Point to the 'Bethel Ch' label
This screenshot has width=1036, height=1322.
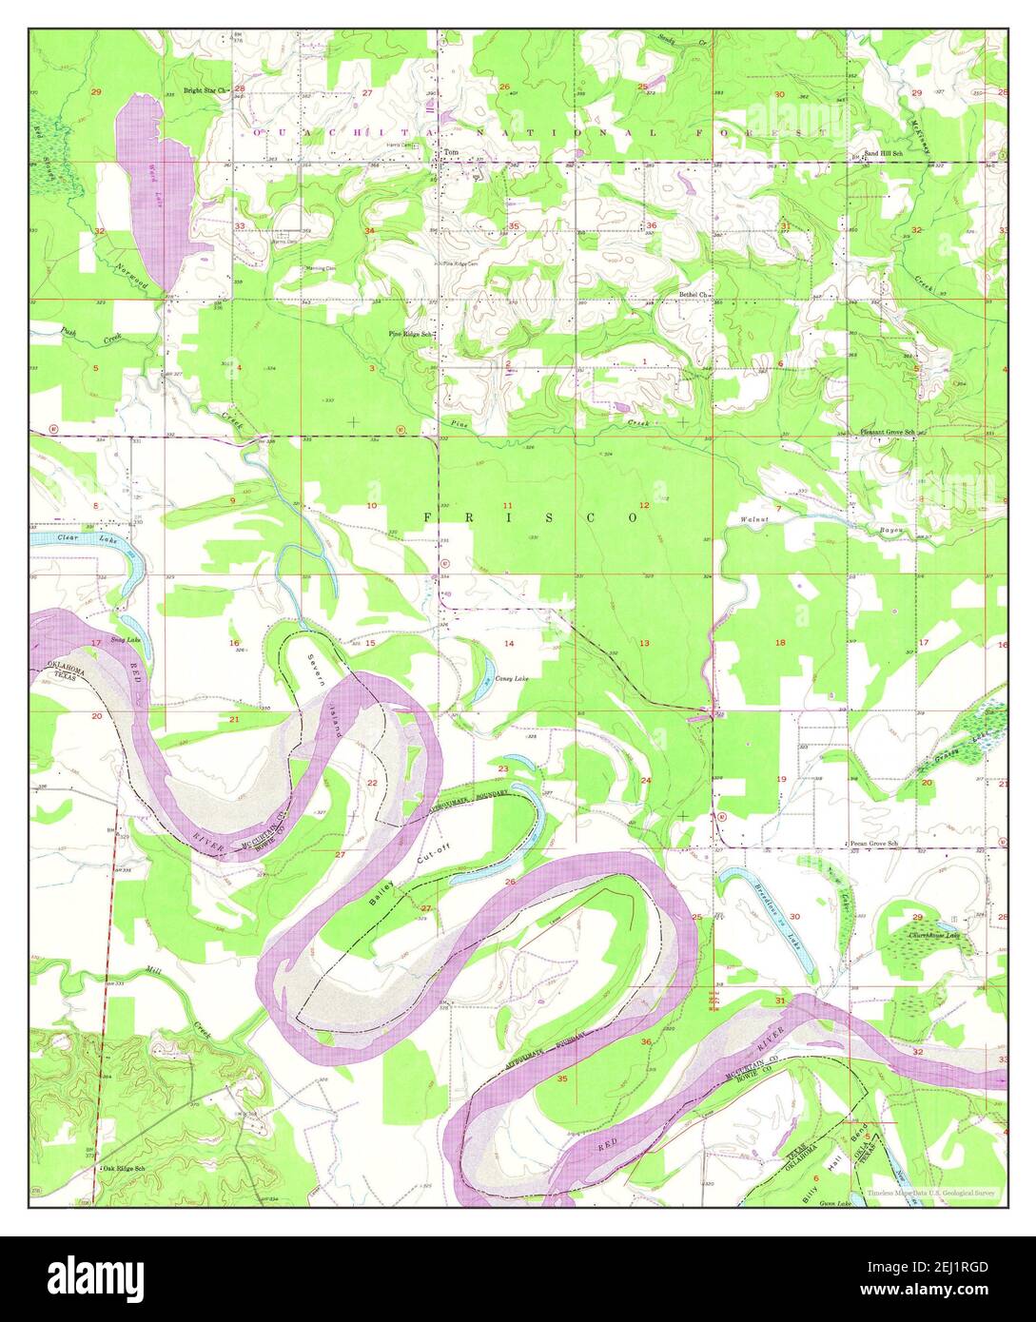pyautogui.click(x=694, y=295)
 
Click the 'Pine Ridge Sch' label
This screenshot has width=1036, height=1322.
pyautogui.click(x=411, y=334)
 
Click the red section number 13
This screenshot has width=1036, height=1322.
pyautogui.click(x=644, y=644)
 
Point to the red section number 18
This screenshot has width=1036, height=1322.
pyautogui.click(x=780, y=644)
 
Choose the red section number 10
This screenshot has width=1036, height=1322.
pyautogui.click(x=371, y=505)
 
